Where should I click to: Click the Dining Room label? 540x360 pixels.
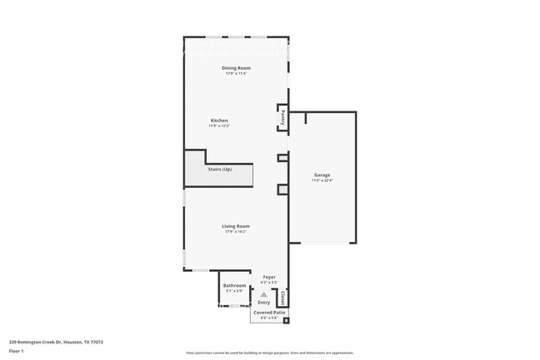tap(236, 67)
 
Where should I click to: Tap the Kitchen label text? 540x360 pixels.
tap(218, 121)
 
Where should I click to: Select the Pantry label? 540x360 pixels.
tap(282, 117)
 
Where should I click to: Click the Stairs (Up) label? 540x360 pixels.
tap(220, 170)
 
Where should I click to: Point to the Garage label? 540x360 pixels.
tap(322, 175)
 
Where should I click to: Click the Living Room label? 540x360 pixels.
tap(236, 225)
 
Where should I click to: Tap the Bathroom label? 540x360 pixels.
tap(234, 285)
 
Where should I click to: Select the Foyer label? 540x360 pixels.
tap(268, 277)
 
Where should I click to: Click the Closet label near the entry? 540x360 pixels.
tap(282, 297)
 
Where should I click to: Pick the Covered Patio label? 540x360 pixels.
tap(269, 313)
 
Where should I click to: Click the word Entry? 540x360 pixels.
tap(263, 302)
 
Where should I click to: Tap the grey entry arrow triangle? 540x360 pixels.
tap(264, 294)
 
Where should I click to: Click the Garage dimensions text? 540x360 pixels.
tap(322, 180)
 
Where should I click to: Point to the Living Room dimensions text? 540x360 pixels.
tap(236, 231)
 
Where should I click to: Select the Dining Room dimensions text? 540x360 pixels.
tap(236, 73)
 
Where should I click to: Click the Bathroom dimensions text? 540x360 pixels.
tap(234, 291)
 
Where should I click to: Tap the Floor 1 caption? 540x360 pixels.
tap(17, 351)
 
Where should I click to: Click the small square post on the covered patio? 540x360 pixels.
tap(286, 320)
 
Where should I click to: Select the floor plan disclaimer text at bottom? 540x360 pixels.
tap(269, 353)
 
